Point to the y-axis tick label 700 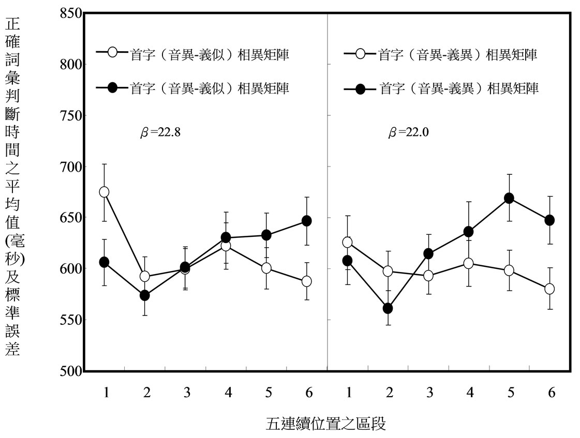(x=69, y=167)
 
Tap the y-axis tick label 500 (x=69, y=371)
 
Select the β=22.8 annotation (x=160, y=132)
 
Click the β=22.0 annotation (x=409, y=132)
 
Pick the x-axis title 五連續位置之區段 (x=326, y=424)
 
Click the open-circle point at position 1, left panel (x=104, y=192)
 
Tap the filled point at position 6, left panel (x=306, y=221)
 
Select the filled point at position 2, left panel (x=145, y=295)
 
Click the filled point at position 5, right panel (x=509, y=198)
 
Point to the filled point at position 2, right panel (x=388, y=309)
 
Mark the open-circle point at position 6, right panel (x=549, y=289)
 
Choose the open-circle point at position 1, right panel (x=347, y=242)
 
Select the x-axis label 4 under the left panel (x=228, y=393)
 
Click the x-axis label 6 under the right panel (x=552, y=393)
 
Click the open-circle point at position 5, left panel (x=266, y=268)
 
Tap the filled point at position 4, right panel (x=469, y=231)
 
